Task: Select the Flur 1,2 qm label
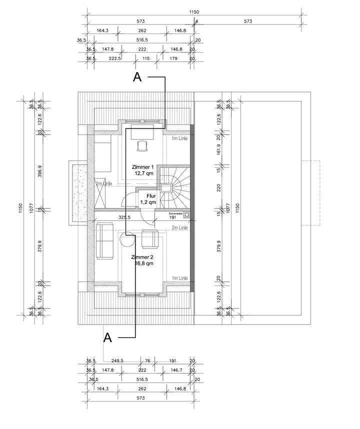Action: tap(148, 199)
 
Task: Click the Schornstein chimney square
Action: tap(186, 215)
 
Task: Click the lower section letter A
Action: tap(107, 337)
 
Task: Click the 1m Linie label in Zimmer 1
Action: tap(179, 138)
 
